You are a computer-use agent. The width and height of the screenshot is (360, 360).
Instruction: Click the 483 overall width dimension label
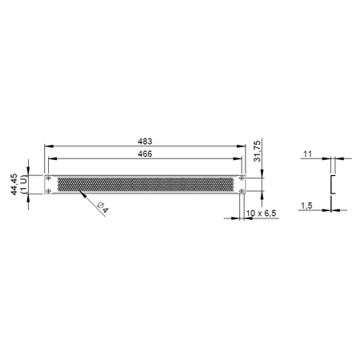tap(145, 142)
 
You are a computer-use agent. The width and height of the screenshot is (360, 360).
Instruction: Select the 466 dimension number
tap(145, 154)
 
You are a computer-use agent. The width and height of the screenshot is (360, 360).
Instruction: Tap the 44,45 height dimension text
tap(14, 184)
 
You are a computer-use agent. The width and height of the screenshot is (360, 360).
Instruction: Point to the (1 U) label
tap(23, 184)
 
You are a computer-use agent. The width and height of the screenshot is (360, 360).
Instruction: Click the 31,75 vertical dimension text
tap(257, 151)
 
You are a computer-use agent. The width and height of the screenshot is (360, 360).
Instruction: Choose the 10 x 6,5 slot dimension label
tap(261, 214)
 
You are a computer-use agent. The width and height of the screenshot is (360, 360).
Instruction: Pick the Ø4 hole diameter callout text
tap(102, 208)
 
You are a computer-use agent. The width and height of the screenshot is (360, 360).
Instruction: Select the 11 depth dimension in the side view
tap(307, 154)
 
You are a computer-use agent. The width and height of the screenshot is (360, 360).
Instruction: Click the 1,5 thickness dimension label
tap(306, 206)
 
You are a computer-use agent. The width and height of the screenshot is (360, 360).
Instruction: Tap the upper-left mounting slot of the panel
tap(48, 178)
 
